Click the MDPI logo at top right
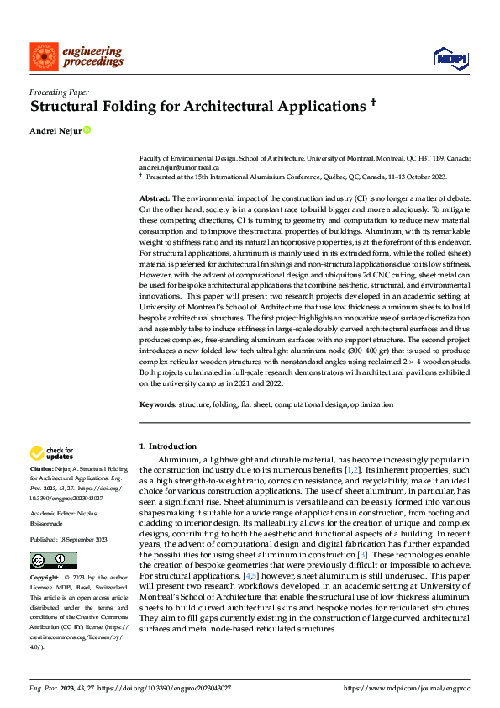tap(450, 57)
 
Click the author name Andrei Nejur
tap(55, 130)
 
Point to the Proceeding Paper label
tap(59, 91)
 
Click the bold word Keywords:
tap(158, 405)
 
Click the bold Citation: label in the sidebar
tap(42, 468)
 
